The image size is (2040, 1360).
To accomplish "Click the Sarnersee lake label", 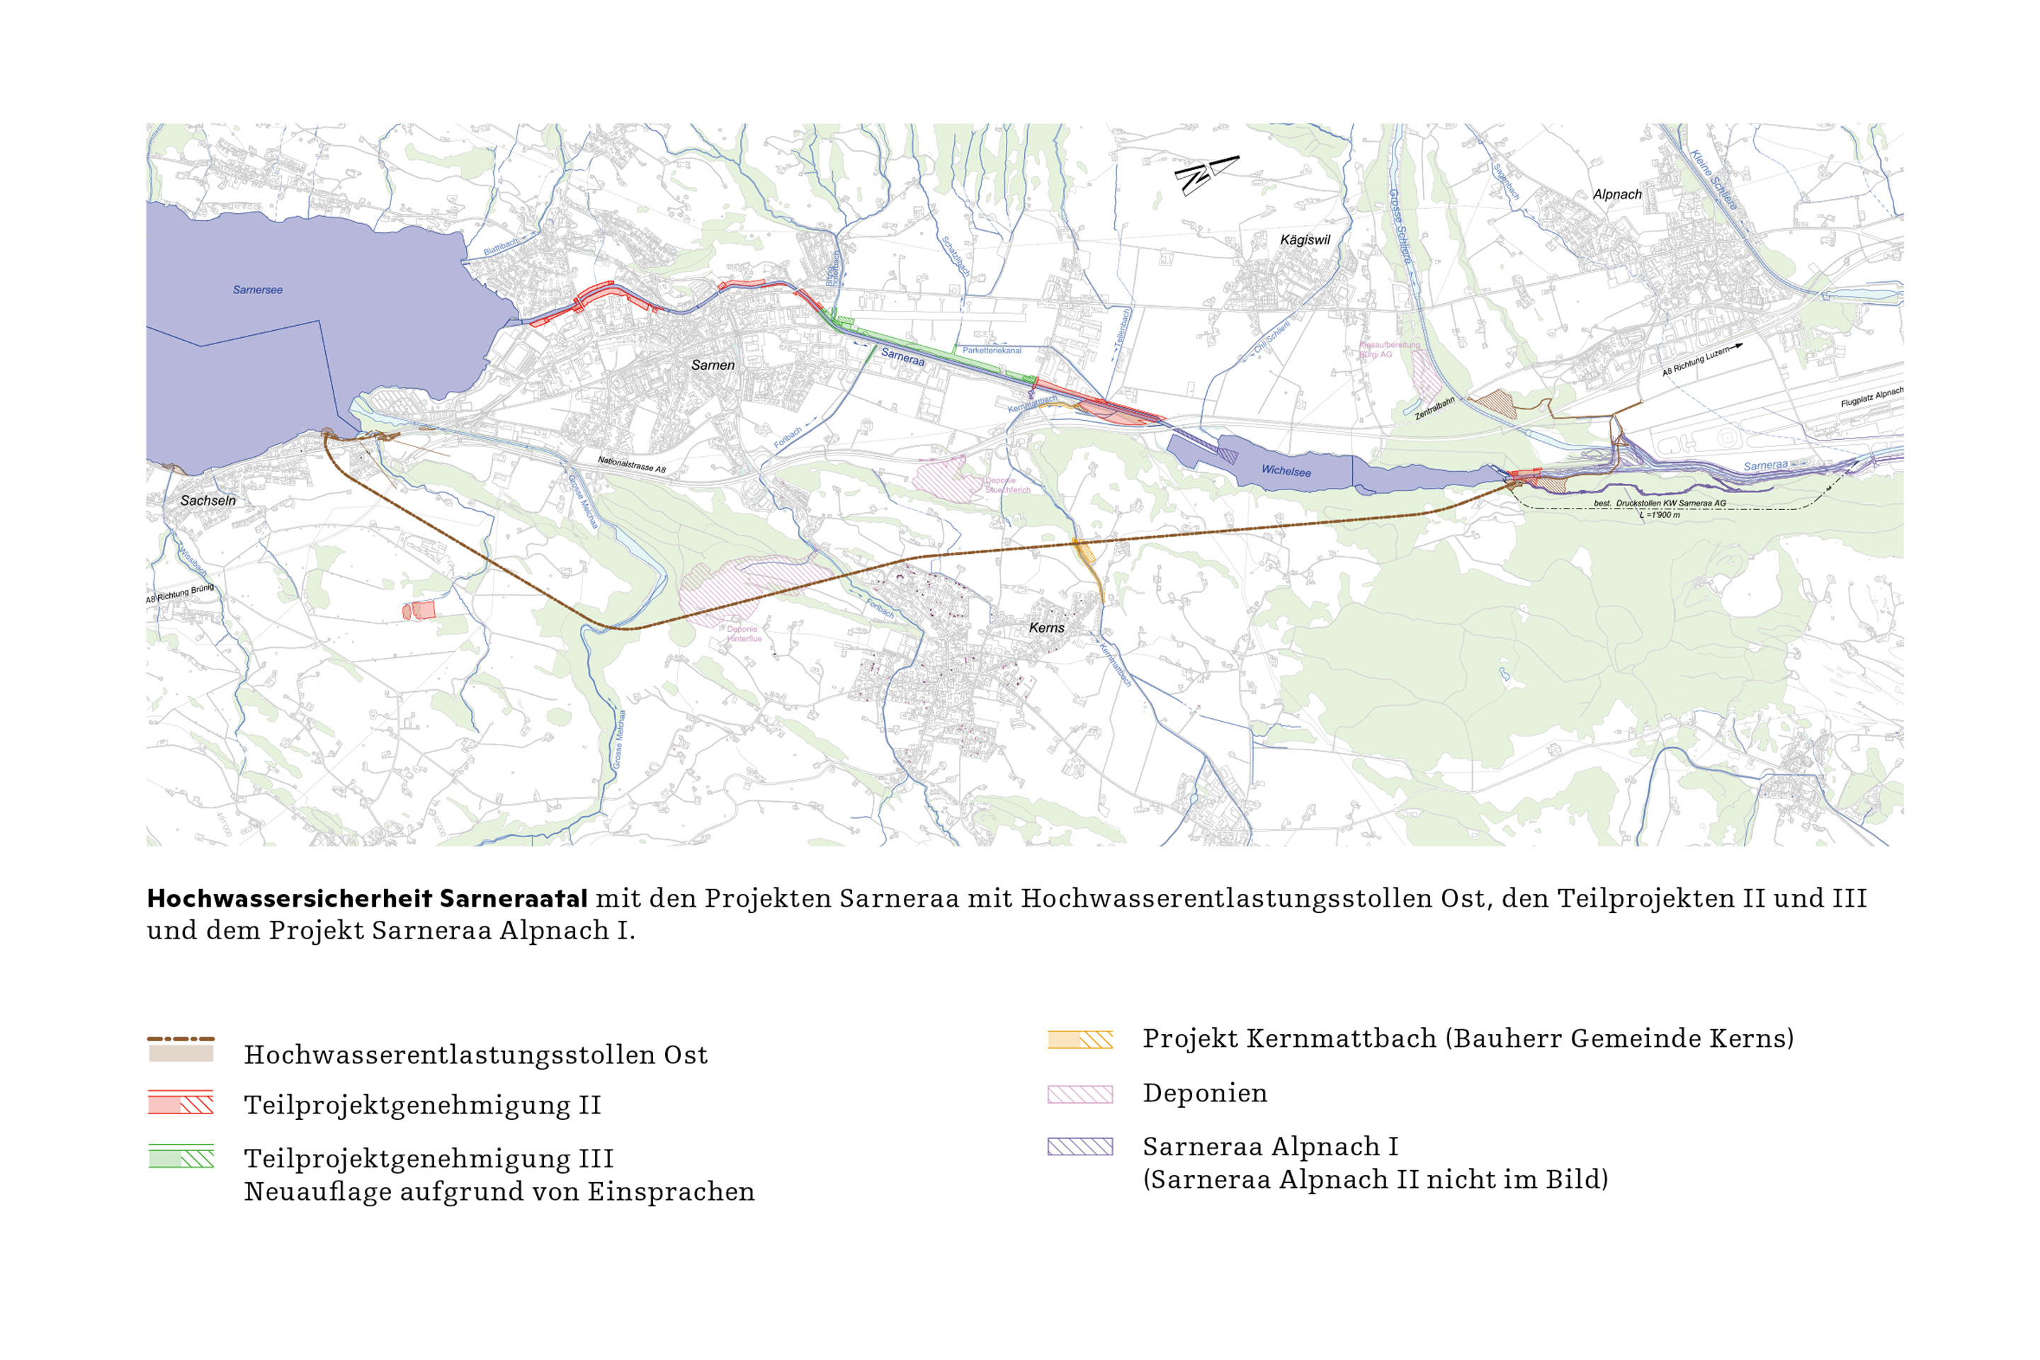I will [258, 290].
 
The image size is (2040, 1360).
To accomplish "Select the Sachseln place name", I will [208, 501].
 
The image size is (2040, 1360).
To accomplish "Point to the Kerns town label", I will [1046, 627].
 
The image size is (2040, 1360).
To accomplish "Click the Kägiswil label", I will [1305, 239].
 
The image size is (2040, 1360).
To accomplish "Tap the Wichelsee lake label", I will [1286, 471].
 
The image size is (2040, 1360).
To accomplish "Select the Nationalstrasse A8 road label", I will [631, 465].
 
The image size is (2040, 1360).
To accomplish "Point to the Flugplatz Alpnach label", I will [1871, 398].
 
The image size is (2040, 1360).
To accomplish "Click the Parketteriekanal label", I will [992, 351].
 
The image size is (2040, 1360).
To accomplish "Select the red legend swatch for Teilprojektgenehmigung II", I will [181, 1102].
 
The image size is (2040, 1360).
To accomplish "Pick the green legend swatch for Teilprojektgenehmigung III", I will [181, 1156].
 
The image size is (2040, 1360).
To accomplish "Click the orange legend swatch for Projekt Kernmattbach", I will [1079, 1039].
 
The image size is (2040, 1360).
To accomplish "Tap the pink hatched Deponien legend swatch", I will [1079, 1094].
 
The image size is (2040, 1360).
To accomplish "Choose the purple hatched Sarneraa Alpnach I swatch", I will [1079, 1147].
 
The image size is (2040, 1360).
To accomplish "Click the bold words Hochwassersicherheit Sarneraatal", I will [367, 899].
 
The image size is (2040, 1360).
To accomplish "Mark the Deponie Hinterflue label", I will [743, 634].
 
